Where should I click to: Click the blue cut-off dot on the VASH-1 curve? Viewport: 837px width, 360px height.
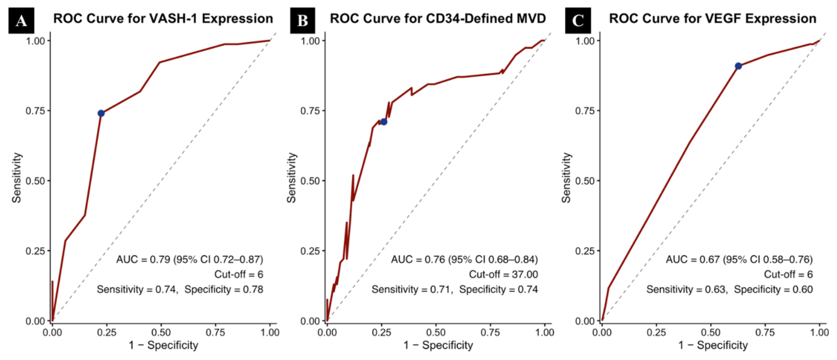coord(101,113)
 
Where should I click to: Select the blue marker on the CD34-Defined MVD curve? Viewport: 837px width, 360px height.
coord(383,122)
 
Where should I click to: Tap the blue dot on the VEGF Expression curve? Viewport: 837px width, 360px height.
coord(738,66)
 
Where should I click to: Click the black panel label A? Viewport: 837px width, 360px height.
coord(21,20)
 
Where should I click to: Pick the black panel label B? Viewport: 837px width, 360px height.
coord(303,20)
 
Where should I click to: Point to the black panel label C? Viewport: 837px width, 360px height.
coord(578,20)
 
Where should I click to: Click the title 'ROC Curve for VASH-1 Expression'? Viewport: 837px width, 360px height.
coord(163,18)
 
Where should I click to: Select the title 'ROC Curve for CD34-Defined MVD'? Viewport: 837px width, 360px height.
coord(438,18)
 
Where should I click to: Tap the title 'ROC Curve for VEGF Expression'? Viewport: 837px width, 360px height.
coord(713,18)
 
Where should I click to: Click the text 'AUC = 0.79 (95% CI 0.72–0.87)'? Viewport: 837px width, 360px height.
coord(190,259)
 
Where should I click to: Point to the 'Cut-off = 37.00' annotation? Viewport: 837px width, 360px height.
coord(504,275)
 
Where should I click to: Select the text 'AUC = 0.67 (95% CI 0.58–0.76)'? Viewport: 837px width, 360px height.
coord(740,259)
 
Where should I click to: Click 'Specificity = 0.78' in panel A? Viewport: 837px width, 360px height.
coord(224,290)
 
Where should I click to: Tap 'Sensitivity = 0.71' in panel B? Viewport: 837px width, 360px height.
coord(412,290)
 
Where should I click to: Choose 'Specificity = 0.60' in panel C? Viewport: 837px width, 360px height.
coord(773,290)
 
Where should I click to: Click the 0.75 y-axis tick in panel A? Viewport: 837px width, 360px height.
coord(35,111)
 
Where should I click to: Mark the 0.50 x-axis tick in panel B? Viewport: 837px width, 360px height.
coord(436,333)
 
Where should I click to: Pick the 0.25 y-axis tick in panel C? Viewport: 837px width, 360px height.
coord(585,251)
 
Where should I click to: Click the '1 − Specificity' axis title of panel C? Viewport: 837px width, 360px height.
coord(713,345)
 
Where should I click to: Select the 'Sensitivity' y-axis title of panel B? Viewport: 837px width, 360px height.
coord(291,178)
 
